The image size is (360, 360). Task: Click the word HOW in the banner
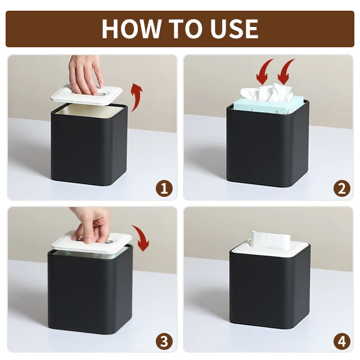tap(131, 29)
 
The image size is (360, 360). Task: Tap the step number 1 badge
tap(164, 188)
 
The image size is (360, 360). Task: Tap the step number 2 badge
tap(342, 188)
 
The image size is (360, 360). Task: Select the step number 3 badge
tap(164, 341)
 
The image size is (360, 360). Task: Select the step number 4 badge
tap(342, 341)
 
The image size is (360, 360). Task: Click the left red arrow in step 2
tap(264, 71)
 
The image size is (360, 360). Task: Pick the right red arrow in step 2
tap(285, 71)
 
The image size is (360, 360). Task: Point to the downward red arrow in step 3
tap(142, 237)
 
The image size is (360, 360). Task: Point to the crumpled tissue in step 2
tap(266, 93)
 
